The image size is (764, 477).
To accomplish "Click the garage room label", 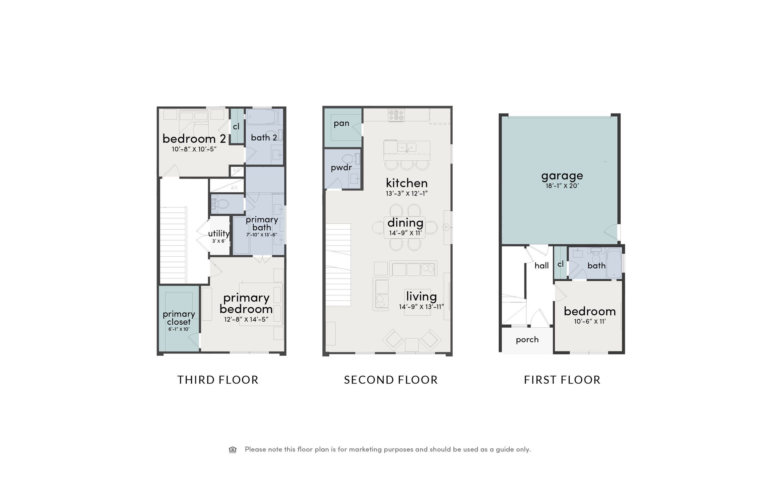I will coord(562,176).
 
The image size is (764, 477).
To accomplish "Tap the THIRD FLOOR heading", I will coord(218,380).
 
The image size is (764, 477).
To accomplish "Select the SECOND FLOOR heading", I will coord(391,380).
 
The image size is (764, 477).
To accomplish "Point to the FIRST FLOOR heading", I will coord(562,380).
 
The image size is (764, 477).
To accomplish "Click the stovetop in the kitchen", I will coord(397,115).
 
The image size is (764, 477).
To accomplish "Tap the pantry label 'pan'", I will coord(342,123).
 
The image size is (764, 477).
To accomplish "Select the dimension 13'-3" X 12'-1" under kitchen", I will coord(407,193).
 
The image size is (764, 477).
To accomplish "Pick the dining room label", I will coord(405,223).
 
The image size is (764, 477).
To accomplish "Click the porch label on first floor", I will coord(527,340).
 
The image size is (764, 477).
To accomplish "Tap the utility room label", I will coord(219,233).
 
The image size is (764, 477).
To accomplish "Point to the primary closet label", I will coord(179,318).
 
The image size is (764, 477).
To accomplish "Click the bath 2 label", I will coord(264,137).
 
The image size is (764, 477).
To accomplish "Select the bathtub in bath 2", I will coord(262,117).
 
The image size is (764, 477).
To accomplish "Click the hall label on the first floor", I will coord(541,265).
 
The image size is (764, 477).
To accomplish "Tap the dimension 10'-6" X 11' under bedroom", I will coord(590,321).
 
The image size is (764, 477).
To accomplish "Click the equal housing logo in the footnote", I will coord(232,450).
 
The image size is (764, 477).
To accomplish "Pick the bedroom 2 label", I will coord(194,138).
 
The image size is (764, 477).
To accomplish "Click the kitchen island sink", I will coord(407,147).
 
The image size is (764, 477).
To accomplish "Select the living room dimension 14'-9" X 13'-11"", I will coord(421,307).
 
